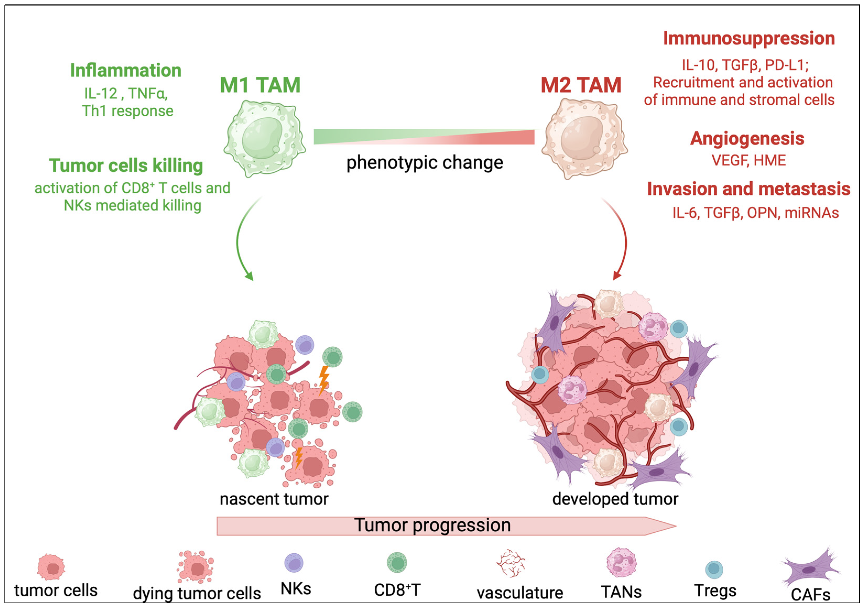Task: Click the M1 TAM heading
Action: click(260, 85)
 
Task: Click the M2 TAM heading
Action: click(581, 85)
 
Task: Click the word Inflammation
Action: click(126, 71)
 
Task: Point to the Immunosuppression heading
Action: click(749, 38)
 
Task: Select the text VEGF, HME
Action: click(748, 160)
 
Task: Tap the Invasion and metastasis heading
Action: click(748, 189)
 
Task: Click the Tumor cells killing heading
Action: click(126, 165)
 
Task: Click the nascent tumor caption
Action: click(274, 499)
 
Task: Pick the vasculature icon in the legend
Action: click(511, 563)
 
